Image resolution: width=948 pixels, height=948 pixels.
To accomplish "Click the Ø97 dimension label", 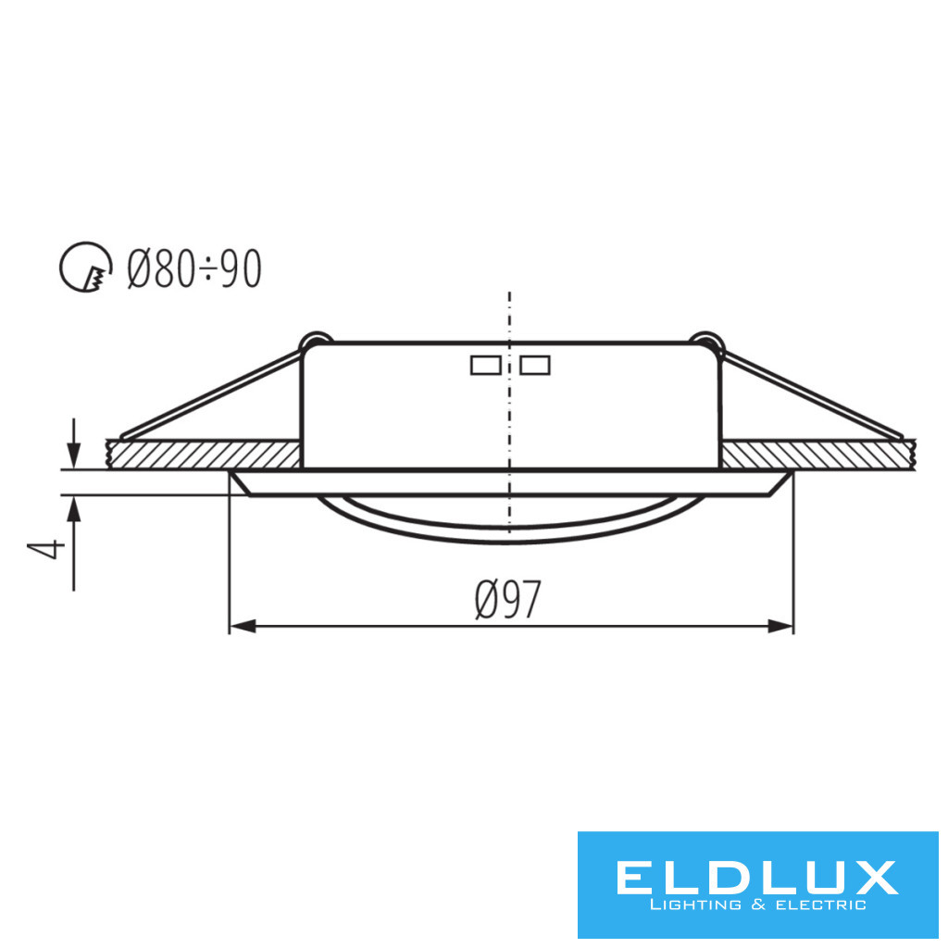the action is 508,599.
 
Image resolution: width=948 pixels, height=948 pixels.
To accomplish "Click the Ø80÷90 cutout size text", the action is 194,268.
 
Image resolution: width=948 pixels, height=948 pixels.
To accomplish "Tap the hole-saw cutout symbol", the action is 86,268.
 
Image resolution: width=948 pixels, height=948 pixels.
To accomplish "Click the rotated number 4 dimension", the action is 46,548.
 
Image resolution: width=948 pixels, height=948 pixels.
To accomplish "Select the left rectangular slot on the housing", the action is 485,365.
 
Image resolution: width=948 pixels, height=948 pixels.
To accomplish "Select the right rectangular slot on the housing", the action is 535,365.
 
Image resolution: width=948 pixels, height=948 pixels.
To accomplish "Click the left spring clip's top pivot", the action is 316,341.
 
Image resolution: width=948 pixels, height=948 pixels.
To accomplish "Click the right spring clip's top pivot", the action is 706,341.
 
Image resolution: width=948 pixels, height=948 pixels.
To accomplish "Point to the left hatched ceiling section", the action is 203,454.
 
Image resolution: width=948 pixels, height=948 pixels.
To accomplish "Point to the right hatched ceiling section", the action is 818,454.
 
